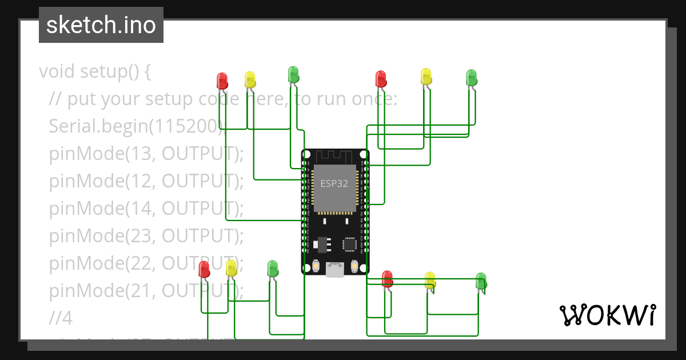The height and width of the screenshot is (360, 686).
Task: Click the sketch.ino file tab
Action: (101, 25)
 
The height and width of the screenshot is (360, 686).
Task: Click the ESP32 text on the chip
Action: (334, 183)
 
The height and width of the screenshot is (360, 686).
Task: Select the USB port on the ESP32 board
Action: (335, 270)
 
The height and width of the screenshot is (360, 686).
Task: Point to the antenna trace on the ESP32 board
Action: (335, 155)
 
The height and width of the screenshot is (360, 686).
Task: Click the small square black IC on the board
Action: (350, 244)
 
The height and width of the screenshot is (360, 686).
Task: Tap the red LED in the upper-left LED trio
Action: (222, 80)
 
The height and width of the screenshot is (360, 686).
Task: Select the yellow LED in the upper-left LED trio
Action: (250, 79)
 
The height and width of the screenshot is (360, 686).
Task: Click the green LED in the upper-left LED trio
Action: (293, 74)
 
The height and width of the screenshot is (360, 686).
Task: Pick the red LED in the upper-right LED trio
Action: (381, 78)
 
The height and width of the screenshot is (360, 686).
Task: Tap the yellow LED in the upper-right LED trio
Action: (426, 76)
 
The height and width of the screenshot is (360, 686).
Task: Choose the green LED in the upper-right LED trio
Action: (471, 77)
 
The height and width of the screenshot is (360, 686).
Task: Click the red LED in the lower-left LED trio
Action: (204, 269)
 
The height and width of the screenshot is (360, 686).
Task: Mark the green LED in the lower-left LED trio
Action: (273, 268)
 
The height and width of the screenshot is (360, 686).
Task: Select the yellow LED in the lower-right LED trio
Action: (430, 280)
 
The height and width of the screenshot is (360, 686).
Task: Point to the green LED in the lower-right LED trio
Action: (481, 281)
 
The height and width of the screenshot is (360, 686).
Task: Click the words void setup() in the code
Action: (94, 71)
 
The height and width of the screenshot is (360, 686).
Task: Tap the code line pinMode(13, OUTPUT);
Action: (146, 154)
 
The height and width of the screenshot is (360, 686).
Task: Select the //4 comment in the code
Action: (61, 318)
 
